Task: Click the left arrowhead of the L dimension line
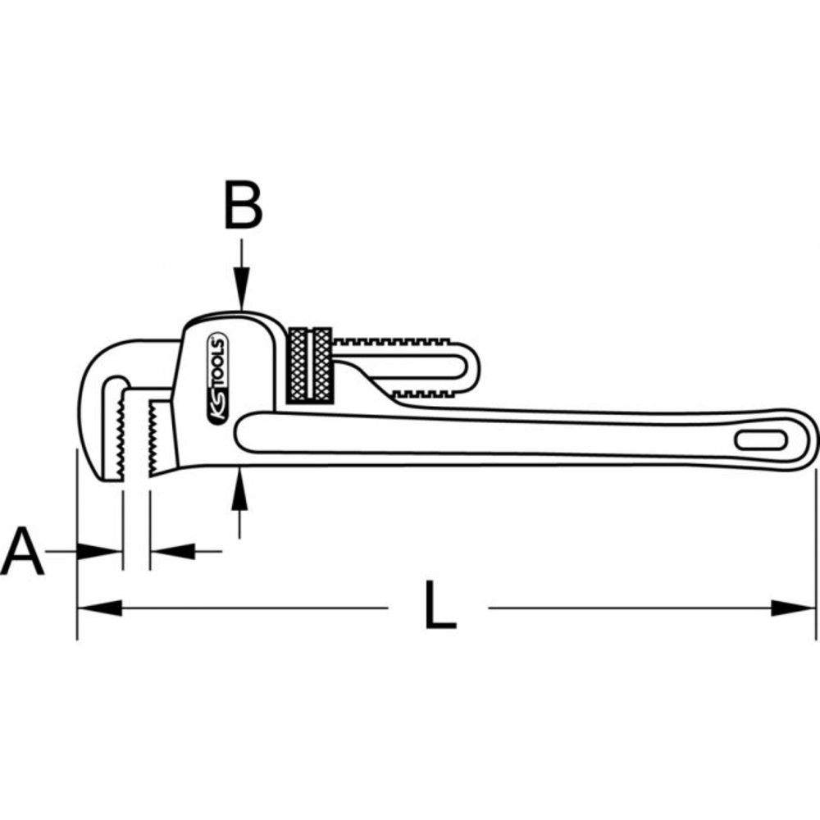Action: [x=98, y=608]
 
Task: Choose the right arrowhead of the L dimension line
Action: [x=794, y=608]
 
